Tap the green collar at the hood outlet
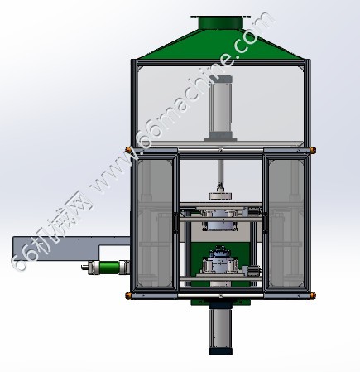[x=221, y=22]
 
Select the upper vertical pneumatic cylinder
[x=221, y=108]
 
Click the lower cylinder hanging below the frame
[x=221, y=327]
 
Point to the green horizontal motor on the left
[x=108, y=268]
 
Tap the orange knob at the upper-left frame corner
[x=128, y=150]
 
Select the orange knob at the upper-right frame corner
[x=313, y=150]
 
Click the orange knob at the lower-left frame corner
[x=128, y=296]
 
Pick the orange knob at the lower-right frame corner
[x=313, y=296]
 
